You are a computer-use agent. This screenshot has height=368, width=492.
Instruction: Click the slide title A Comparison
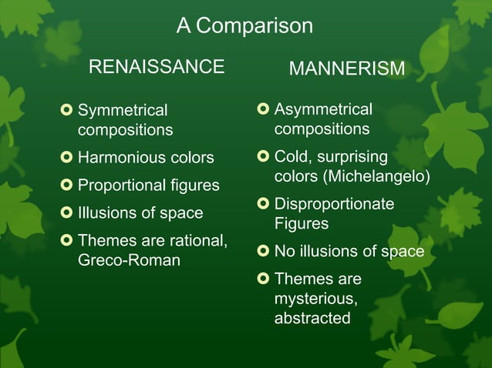[244, 26]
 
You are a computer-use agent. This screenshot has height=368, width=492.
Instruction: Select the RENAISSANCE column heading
[157, 67]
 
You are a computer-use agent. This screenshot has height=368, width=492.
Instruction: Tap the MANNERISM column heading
[346, 69]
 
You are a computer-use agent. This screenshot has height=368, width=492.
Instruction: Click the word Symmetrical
[123, 111]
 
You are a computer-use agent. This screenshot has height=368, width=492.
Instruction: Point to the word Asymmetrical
[323, 110]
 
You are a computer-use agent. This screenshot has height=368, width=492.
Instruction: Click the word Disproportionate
[334, 204]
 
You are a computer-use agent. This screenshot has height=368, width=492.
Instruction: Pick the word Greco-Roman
[129, 260]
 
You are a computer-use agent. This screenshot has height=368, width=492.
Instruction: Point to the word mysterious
[315, 299]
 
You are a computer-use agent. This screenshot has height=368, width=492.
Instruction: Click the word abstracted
[312, 318]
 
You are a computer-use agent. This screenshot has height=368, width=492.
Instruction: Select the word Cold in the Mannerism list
[291, 157]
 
